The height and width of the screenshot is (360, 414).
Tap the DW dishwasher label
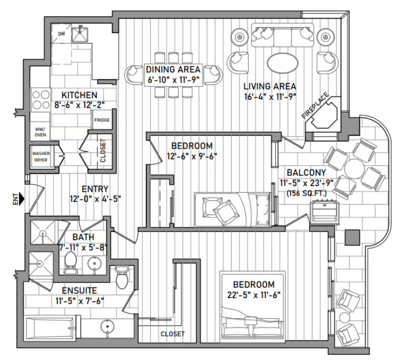(x=62, y=34)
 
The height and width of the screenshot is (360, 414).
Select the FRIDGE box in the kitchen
(x=102, y=120)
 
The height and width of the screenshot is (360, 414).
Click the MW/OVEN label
(x=40, y=131)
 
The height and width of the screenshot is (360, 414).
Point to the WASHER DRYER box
(x=40, y=157)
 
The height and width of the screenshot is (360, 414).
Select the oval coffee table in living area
(x=283, y=63)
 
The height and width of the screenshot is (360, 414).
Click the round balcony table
(x=355, y=169)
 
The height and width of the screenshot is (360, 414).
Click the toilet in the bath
(x=70, y=262)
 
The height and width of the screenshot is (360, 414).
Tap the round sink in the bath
(x=94, y=263)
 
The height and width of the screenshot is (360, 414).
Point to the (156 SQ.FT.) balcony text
(x=307, y=194)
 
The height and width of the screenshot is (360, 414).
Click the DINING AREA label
(x=173, y=69)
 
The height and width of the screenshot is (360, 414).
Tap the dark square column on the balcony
(x=352, y=237)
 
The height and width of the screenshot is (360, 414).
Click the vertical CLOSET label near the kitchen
(x=103, y=150)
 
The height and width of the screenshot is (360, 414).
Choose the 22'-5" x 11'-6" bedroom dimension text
(x=254, y=295)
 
